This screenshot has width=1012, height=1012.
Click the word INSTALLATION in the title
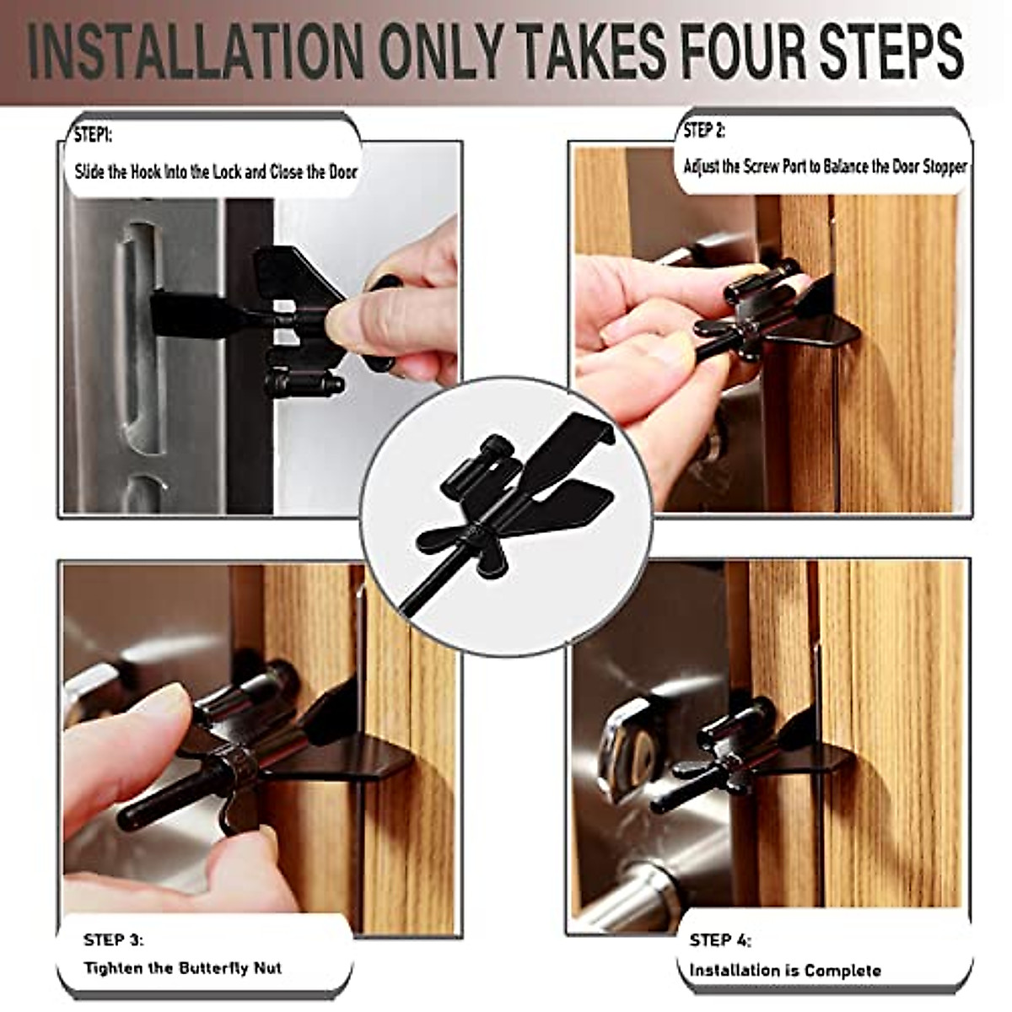coord(194,52)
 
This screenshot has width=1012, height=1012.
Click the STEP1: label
coord(93,136)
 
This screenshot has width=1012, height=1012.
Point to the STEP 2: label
coord(704,131)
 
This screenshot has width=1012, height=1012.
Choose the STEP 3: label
coord(114,939)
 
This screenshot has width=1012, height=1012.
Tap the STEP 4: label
coord(720,940)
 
